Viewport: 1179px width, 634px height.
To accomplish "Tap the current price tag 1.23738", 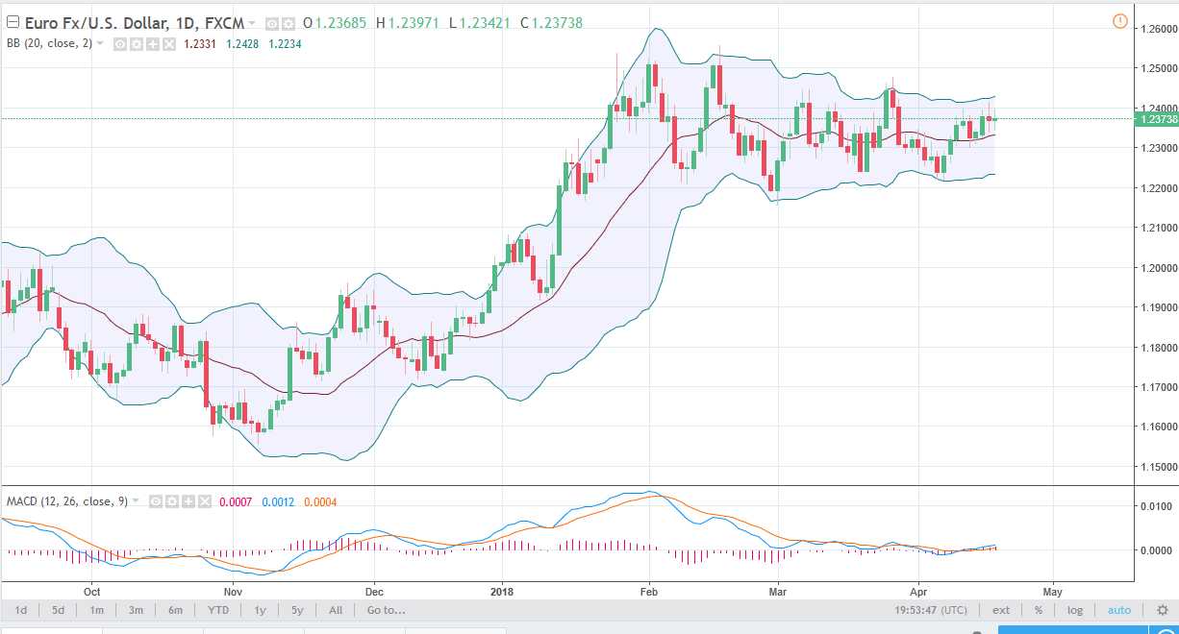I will (x=1158, y=119).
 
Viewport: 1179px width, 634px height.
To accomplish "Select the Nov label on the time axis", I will (x=230, y=591).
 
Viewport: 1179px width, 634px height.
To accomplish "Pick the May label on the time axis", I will (x=1053, y=591).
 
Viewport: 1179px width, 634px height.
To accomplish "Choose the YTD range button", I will (x=218, y=610).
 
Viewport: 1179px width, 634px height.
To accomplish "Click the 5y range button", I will (x=297, y=610).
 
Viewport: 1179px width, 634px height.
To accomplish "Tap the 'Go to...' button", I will (x=386, y=610).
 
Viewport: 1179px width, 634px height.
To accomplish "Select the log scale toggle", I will (x=1074, y=610).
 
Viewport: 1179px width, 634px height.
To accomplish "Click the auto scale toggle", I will (x=1119, y=610).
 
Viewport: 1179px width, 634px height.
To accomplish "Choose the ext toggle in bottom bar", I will (x=1001, y=610).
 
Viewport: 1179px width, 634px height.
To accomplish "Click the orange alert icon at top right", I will (x=1119, y=21).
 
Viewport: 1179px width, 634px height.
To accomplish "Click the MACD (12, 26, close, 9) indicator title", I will (x=67, y=501).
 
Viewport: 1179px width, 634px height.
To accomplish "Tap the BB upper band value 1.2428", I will (x=241, y=43).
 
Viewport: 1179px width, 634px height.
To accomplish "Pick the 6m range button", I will (x=175, y=610).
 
